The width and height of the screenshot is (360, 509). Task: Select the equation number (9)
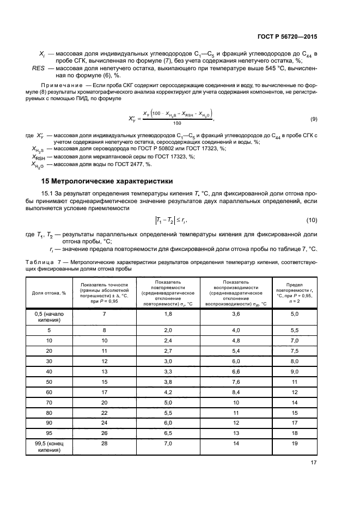313,119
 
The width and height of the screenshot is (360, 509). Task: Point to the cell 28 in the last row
103,444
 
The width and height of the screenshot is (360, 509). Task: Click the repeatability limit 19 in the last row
295,444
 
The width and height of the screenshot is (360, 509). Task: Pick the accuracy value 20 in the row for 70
103,402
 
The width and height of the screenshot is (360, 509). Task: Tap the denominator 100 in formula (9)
177,124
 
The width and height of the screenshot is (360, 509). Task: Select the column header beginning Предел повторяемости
295,292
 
